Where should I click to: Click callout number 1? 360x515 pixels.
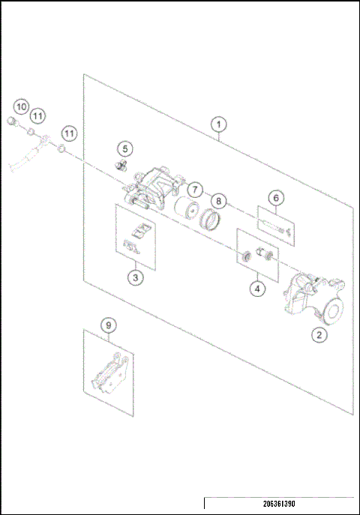[218, 124]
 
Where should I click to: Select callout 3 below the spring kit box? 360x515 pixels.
[135, 277]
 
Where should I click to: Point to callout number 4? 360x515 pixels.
[257, 287]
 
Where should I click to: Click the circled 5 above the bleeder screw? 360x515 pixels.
[124, 148]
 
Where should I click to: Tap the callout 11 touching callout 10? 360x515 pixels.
[37, 115]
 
